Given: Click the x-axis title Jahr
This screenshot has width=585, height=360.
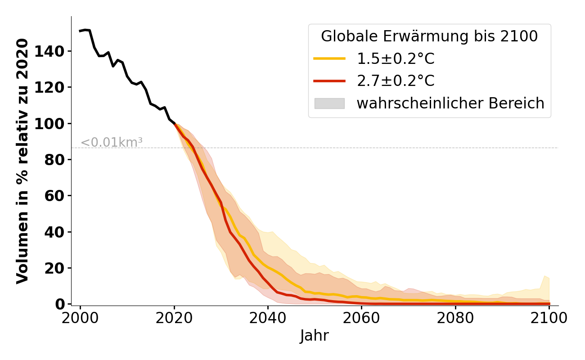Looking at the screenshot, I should [314, 336].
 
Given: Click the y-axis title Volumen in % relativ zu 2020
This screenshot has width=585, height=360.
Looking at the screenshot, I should [22, 161].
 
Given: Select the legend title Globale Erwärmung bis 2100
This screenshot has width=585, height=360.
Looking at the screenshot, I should [429, 36].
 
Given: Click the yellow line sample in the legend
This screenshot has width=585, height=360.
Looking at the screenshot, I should [329, 59].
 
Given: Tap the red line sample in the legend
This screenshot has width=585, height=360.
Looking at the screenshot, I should [329, 81].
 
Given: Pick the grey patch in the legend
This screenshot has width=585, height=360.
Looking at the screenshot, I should [329, 103].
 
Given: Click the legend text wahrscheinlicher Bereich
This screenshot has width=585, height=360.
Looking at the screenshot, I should [450, 103].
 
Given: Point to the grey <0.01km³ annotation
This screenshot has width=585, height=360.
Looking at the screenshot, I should [112, 142].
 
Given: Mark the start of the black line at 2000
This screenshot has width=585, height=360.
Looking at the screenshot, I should [80, 31].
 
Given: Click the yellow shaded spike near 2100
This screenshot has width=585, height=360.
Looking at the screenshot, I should [545, 279].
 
